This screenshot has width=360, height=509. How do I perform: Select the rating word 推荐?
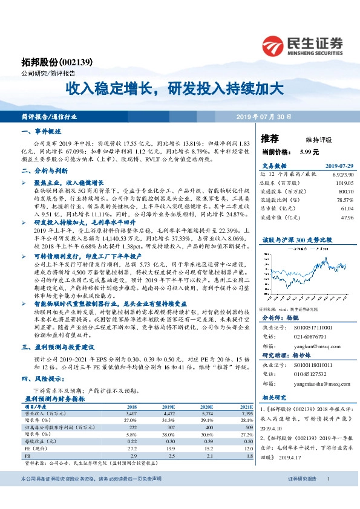pyautogui.click(x=270, y=138)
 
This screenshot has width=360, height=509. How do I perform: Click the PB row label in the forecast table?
pyautogui.click(x=27, y=456)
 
